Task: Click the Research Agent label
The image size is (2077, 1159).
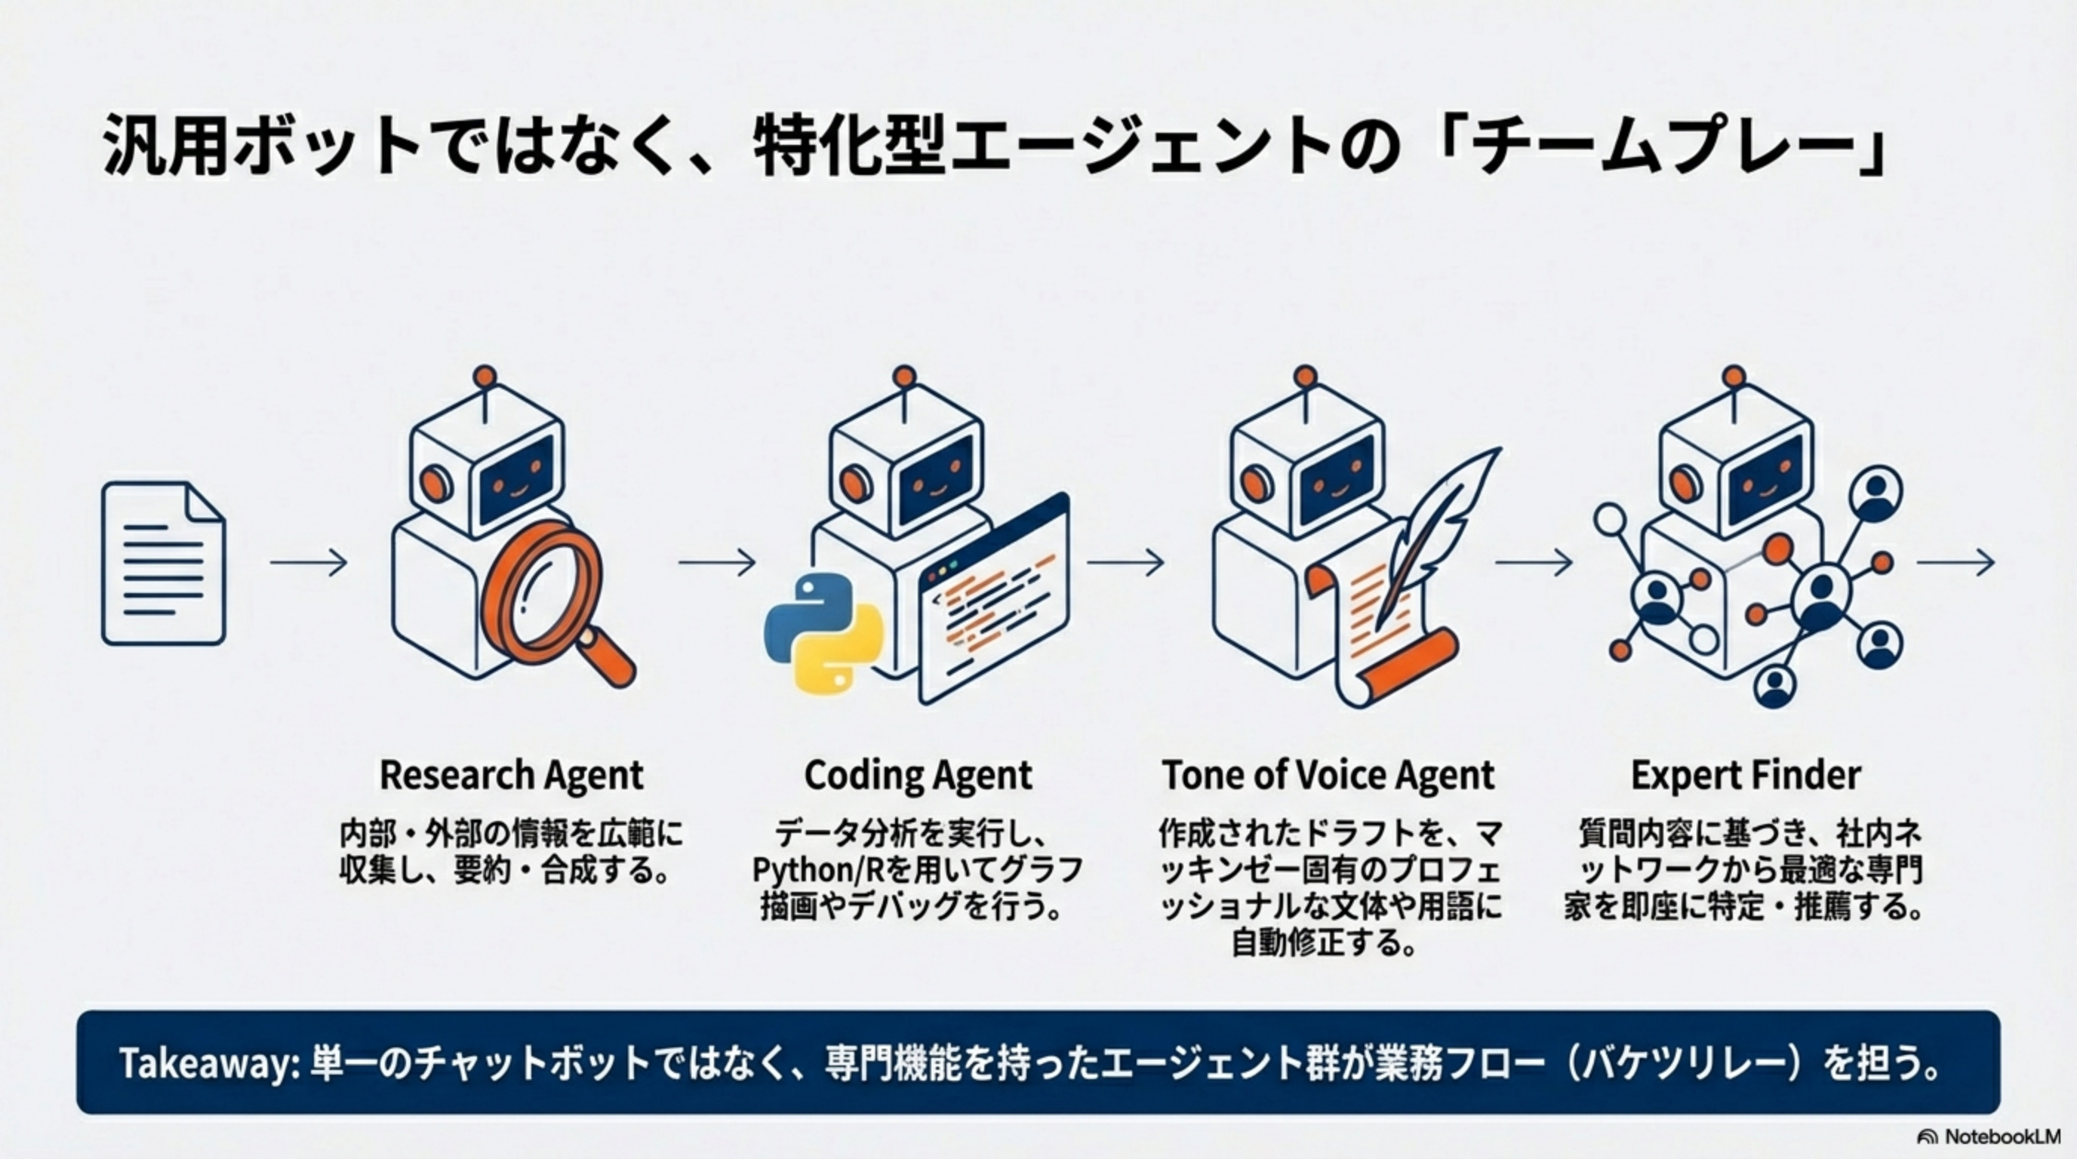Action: click(511, 776)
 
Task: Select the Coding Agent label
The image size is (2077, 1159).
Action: click(918, 776)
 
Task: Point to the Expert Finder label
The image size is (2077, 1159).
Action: click(1746, 776)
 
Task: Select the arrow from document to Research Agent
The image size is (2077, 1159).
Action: click(308, 562)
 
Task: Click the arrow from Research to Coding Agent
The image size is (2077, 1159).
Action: click(717, 562)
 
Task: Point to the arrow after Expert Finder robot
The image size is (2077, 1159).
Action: click(1955, 562)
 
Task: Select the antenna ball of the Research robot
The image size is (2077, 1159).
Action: click(485, 377)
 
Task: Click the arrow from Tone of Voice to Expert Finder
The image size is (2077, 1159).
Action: click(1534, 562)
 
